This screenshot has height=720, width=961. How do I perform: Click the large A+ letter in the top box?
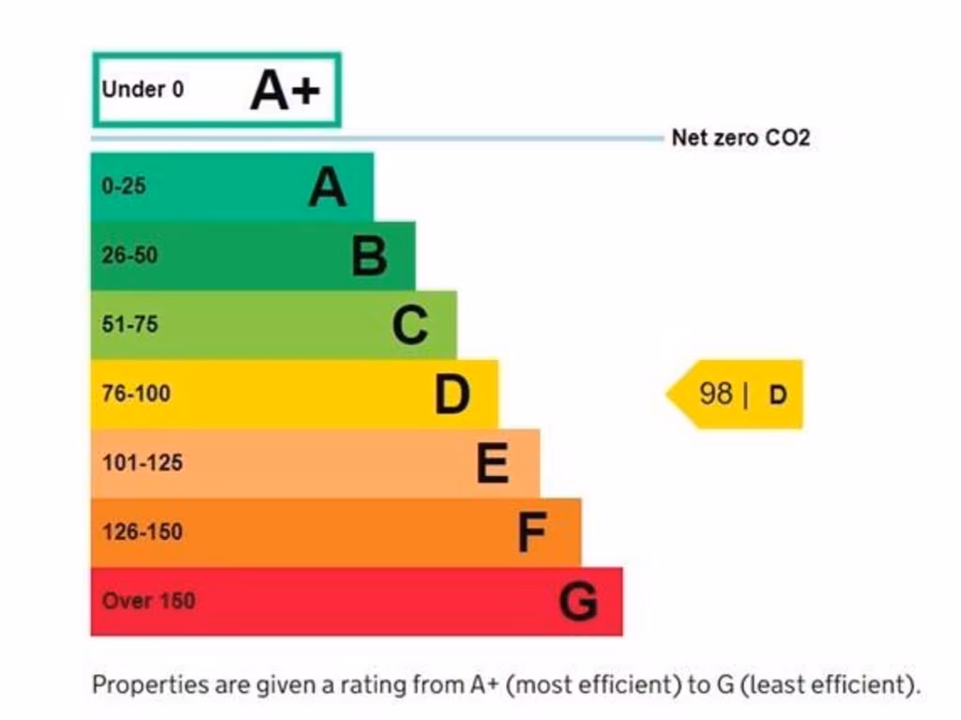pyautogui.click(x=285, y=91)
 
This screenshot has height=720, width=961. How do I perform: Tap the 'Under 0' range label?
pyautogui.click(x=143, y=90)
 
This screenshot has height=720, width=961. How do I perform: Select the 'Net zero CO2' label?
pyautogui.click(x=740, y=139)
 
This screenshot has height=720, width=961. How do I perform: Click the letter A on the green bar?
pyautogui.click(x=328, y=187)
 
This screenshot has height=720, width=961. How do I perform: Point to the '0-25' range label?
pyautogui.click(x=124, y=186)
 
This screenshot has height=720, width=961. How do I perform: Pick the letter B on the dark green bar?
pyautogui.click(x=369, y=256)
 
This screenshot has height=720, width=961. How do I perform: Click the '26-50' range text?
pyautogui.click(x=130, y=255)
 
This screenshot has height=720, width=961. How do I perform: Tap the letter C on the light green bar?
pyautogui.click(x=410, y=325)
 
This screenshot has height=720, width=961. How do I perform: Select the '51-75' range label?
pyautogui.click(x=130, y=324)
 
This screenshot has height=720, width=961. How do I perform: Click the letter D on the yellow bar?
pyautogui.click(x=452, y=395)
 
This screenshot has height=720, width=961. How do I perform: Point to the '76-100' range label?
pyautogui.click(x=136, y=394)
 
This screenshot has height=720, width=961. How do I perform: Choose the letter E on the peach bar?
pyautogui.click(x=493, y=463)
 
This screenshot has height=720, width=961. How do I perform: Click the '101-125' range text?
pyautogui.click(x=142, y=462)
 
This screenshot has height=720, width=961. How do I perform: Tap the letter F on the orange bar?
pyautogui.click(x=532, y=533)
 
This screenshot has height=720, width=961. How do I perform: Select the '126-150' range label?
pyautogui.click(x=142, y=532)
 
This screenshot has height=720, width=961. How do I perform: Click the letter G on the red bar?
pyautogui.click(x=578, y=602)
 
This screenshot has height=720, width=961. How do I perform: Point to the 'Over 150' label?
pyautogui.click(x=148, y=601)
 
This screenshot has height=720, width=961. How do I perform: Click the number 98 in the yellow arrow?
pyautogui.click(x=716, y=394)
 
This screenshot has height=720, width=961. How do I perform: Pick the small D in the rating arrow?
pyautogui.click(x=778, y=395)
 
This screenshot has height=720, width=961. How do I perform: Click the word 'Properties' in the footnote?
pyautogui.click(x=149, y=684)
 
